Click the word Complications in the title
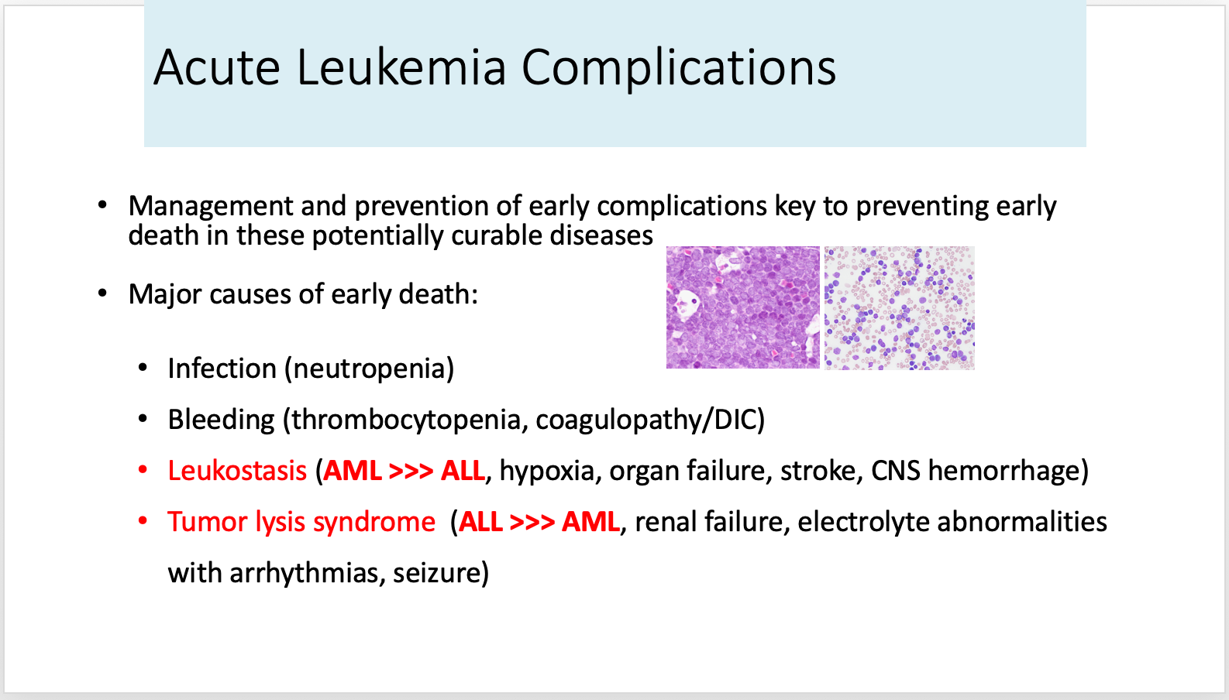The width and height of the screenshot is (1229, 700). [678, 68]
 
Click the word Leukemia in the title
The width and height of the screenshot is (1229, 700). [401, 68]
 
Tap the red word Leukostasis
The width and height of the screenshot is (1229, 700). [237, 471]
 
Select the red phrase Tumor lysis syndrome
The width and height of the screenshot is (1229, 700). [301, 522]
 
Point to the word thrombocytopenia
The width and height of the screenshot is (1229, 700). [405, 420]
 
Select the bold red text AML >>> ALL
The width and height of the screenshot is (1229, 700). [404, 471]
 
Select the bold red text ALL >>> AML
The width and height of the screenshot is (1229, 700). [539, 522]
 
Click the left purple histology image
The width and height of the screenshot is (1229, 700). [742, 307]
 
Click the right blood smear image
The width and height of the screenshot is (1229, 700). [899, 307]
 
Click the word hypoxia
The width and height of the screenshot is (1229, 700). [546, 471]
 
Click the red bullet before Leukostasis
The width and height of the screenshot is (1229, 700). [143, 470]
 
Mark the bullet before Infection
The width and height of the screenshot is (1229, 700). [143, 368]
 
